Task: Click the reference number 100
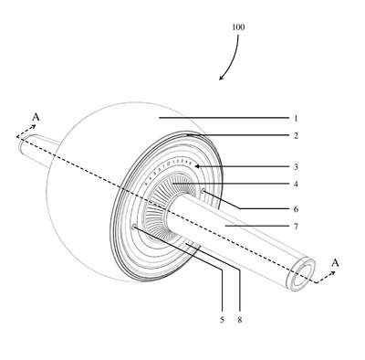[x=238, y=27]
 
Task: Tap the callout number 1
[x=296, y=119]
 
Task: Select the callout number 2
[x=296, y=136]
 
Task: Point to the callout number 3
[x=296, y=167]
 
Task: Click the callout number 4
[x=296, y=185]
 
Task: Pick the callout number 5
[x=222, y=320]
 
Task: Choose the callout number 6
[x=296, y=209]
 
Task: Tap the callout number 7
[x=296, y=227]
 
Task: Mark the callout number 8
[x=240, y=320]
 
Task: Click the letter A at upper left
[x=36, y=117]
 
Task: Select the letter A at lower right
[x=335, y=262]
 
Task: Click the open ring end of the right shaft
[x=301, y=274]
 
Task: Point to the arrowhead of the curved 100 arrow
[x=221, y=79]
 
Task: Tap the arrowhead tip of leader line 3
[x=195, y=166]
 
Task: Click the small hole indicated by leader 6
[x=203, y=191]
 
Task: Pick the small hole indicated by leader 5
[x=134, y=227]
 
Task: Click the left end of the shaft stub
[x=21, y=143]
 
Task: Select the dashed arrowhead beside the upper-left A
[x=34, y=126]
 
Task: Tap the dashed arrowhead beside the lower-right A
[x=333, y=273]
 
